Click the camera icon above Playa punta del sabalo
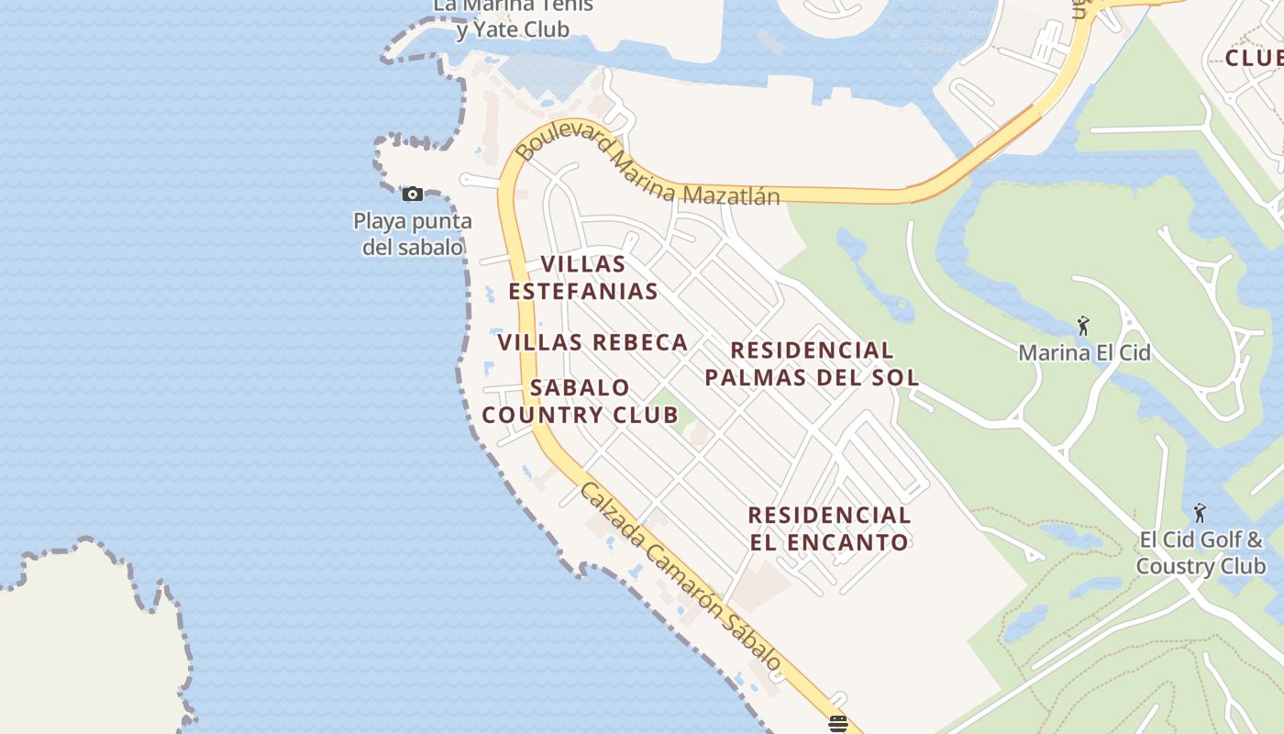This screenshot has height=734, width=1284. (x=413, y=194)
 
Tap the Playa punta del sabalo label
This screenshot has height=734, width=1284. (x=413, y=234)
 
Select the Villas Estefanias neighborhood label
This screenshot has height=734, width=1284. (x=582, y=278)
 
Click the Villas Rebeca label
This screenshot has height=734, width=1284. (x=592, y=342)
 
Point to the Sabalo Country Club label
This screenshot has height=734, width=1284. (x=580, y=401)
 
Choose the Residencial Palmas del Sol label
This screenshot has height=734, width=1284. (x=812, y=363)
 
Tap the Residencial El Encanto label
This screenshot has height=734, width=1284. (x=829, y=528)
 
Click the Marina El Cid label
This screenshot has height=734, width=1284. (x=1084, y=352)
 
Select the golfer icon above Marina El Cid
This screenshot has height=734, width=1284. (x=1083, y=326)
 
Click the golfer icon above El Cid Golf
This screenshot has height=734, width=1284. (x=1200, y=513)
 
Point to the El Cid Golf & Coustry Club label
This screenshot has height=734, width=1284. (x=1201, y=552)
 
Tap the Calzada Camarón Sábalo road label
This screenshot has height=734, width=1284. (x=681, y=577)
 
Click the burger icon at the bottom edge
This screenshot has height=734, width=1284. (x=836, y=724)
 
